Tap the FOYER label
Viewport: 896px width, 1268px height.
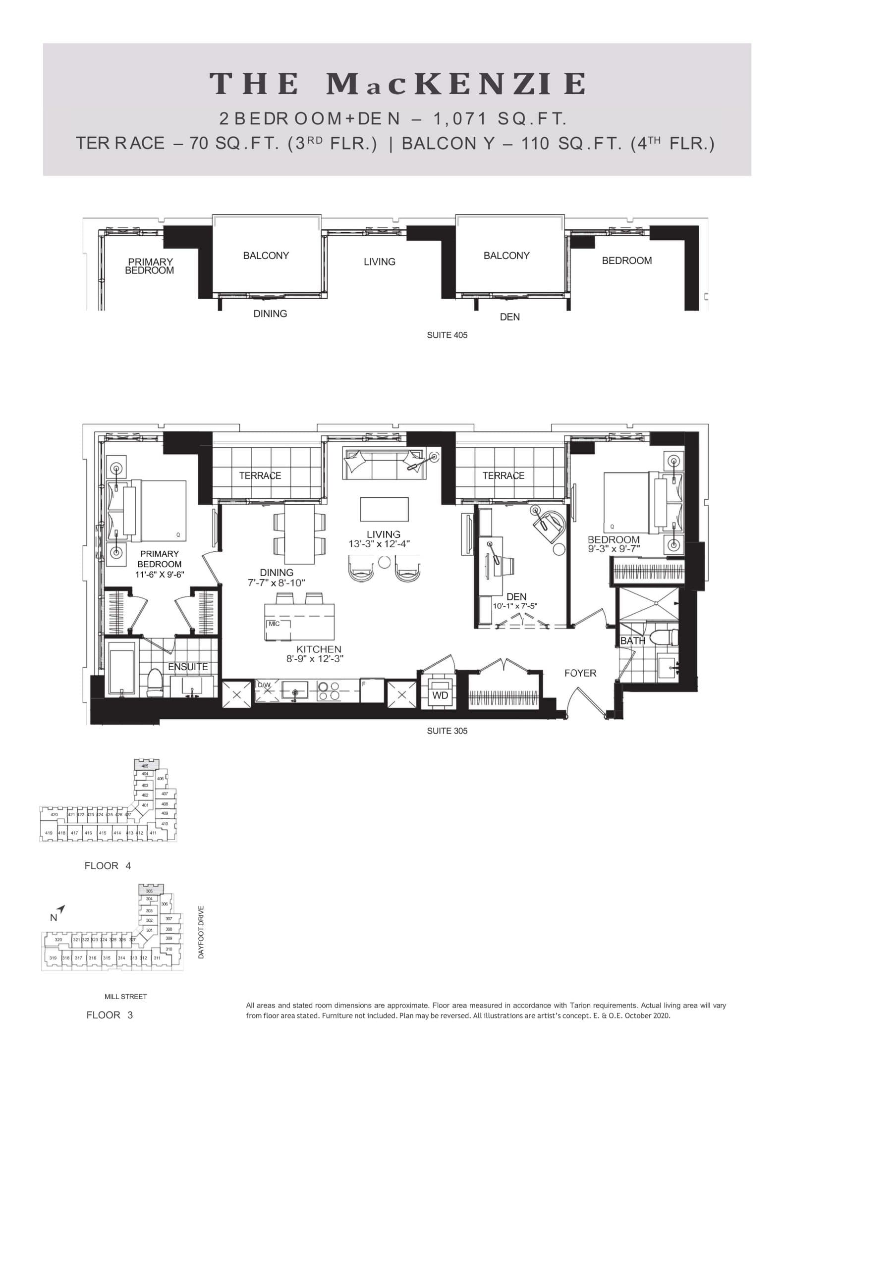[580, 673]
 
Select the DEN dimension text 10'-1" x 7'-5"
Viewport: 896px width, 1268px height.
[515, 606]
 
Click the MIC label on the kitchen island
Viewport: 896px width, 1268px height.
[274, 624]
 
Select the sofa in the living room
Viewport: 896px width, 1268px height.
[385, 464]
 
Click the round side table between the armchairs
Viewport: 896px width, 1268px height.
[385, 562]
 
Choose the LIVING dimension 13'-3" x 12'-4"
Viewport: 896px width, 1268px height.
[379, 544]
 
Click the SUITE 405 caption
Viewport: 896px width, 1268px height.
[447, 335]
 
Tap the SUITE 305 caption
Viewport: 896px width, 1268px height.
[447, 731]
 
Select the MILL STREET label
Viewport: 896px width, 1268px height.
[125, 996]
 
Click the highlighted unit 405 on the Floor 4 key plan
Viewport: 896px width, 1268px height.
[145, 765]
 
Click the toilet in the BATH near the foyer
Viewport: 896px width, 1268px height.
[662, 637]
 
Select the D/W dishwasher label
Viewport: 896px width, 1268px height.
[264, 686]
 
